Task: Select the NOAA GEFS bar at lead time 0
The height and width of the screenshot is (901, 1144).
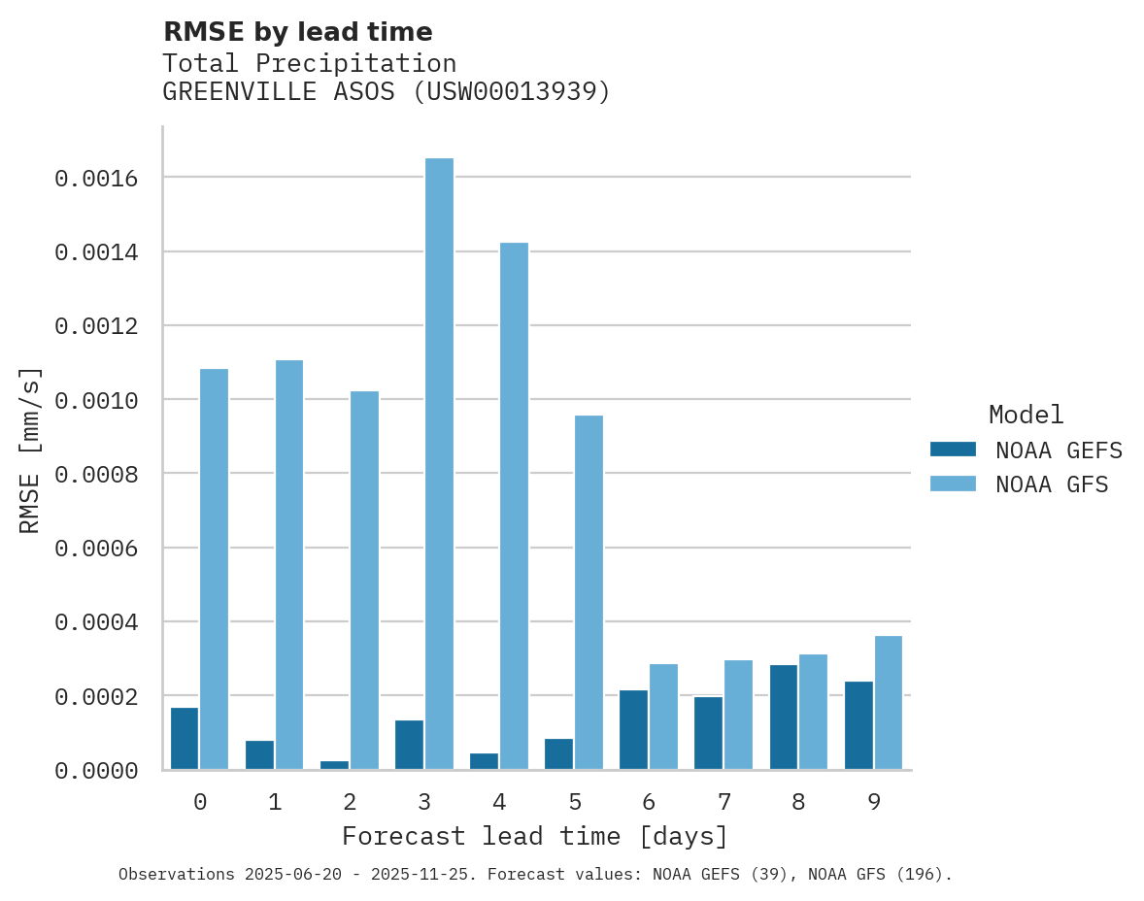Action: click(x=185, y=739)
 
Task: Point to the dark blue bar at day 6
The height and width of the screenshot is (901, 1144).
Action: click(x=633, y=730)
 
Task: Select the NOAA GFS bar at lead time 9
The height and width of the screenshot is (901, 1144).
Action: click(x=889, y=703)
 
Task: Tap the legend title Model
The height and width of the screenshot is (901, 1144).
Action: click(x=1026, y=415)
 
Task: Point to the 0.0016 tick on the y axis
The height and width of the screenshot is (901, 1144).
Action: click(x=95, y=179)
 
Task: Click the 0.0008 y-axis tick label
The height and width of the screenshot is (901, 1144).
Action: click(x=95, y=475)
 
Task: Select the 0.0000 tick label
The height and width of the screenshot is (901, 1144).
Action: click(x=95, y=771)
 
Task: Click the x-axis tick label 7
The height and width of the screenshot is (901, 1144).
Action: click(x=723, y=802)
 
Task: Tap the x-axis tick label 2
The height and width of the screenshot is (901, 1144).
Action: click(x=349, y=802)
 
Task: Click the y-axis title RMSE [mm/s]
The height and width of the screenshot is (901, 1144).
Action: click(x=30, y=450)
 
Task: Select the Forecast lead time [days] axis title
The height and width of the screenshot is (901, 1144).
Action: click(x=534, y=836)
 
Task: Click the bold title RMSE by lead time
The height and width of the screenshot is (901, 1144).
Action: click(x=297, y=32)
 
